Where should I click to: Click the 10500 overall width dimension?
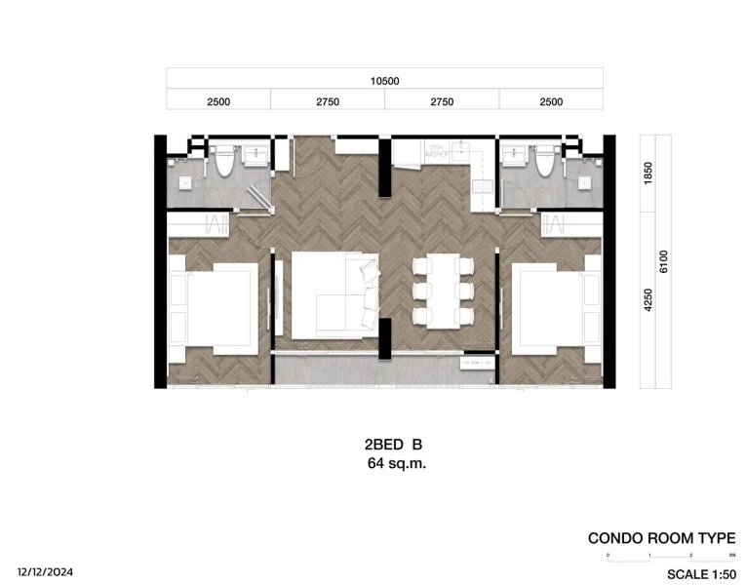click(x=384, y=81)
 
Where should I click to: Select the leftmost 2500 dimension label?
click(x=217, y=100)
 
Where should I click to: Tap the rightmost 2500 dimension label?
click(x=551, y=100)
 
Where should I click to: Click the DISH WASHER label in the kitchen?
click(x=435, y=151)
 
